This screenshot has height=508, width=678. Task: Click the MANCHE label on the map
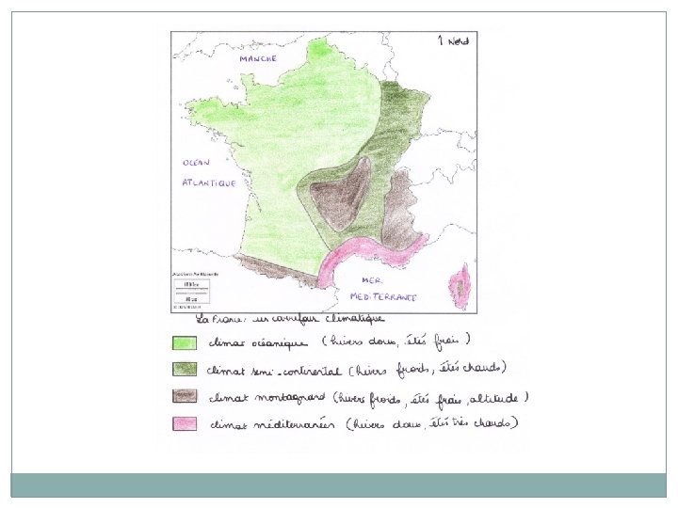click(257, 58)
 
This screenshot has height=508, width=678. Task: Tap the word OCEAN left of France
click(196, 162)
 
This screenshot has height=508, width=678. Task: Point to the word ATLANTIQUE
click(208, 183)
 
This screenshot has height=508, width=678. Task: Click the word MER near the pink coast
click(373, 281)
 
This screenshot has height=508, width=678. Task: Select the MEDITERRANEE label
click(389, 296)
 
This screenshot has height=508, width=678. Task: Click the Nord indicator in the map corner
click(454, 40)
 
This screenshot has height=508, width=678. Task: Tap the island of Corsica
click(461, 285)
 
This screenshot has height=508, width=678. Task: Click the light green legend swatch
click(184, 341)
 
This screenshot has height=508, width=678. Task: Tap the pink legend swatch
click(184, 423)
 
